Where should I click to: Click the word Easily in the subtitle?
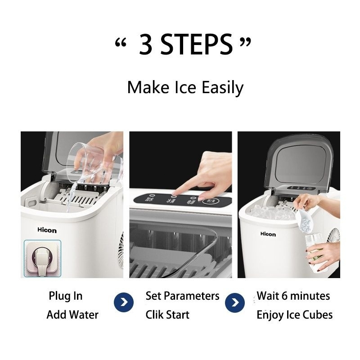(220, 87)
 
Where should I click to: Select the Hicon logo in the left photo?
(47, 230)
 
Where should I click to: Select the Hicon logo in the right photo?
(268, 234)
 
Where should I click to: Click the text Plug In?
(66, 296)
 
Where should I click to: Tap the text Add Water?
(72, 315)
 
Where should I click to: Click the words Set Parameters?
(182, 296)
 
